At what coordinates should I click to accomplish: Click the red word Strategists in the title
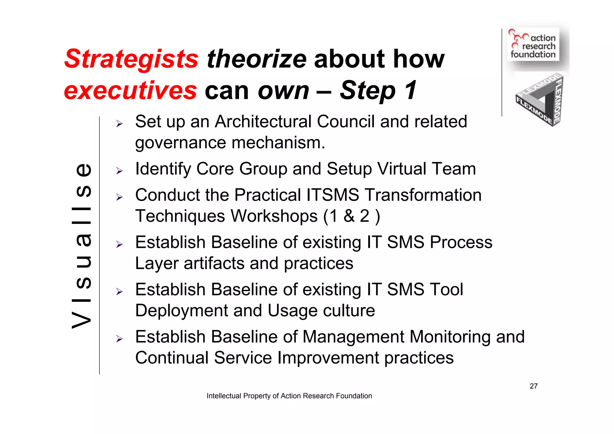click(131, 59)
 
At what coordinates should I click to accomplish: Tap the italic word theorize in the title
click(257, 59)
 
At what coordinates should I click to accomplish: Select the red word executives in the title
click(130, 91)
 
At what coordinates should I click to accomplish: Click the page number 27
click(533, 386)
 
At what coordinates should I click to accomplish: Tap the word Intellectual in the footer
click(224, 396)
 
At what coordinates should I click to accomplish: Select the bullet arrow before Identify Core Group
click(120, 171)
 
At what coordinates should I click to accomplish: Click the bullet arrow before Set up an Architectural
click(120, 124)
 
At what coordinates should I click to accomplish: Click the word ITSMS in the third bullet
click(332, 195)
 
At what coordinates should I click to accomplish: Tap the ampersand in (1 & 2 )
click(349, 216)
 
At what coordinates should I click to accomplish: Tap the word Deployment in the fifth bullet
click(181, 311)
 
